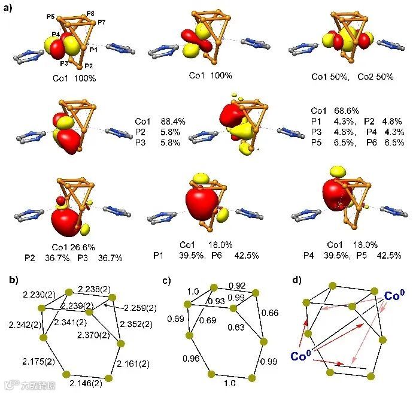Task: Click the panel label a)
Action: (8, 7)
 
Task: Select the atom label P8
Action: (90, 13)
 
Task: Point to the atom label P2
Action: (89, 65)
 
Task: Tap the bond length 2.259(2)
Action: (141, 308)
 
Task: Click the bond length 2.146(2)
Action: (84, 383)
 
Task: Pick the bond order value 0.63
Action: (236, 328)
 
